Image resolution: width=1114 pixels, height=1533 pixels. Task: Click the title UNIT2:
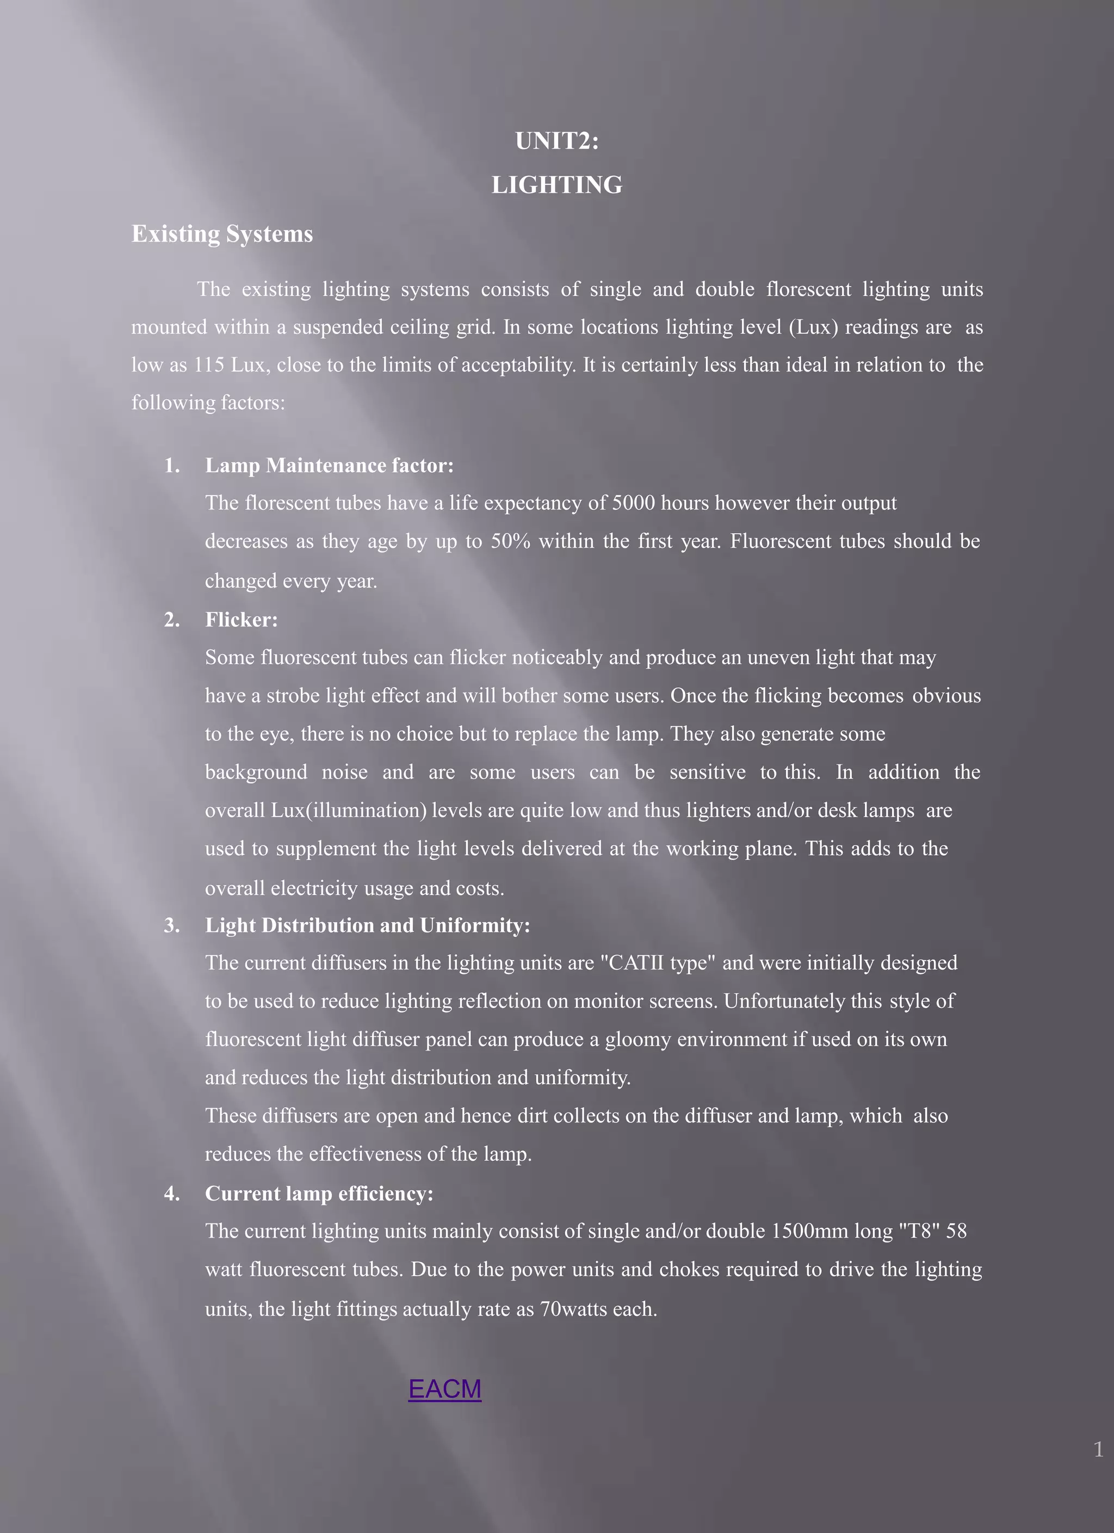click(x=556, y=141)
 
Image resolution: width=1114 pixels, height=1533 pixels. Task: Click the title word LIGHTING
click(x=556, y=185)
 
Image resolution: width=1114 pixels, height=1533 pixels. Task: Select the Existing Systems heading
click(x=222, y=234)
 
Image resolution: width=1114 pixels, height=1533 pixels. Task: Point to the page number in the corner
click(x=1098, y=1449)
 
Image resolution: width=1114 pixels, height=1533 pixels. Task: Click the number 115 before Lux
click(x=209, y=365)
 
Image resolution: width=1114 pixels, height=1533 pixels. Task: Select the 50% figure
click(x=510, y=541)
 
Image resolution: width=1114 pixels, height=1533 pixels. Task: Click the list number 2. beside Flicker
click(x=172, y=620)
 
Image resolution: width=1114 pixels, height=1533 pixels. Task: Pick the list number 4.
click(x=172, y=1194)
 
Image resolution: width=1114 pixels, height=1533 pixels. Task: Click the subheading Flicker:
click(x=242, y=620)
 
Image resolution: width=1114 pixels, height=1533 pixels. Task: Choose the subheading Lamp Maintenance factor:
click(x=329, y=466)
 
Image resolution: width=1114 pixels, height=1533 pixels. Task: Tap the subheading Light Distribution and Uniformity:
click(x=367, y=925)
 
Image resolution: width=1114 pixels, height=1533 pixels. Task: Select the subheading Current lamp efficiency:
click(x=319, y=1194)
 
